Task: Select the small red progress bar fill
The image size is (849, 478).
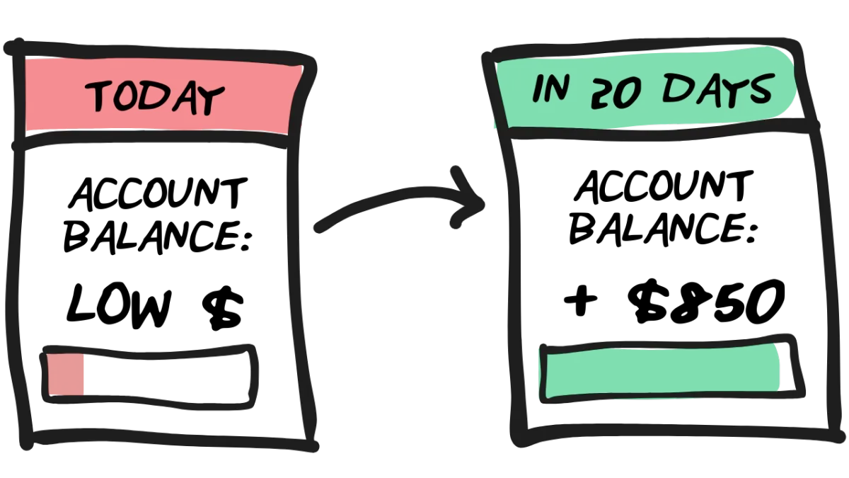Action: (x=66, y=373)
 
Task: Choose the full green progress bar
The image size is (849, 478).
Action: (x=662, y=370)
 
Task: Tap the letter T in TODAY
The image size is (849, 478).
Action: (x=99, y=98)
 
